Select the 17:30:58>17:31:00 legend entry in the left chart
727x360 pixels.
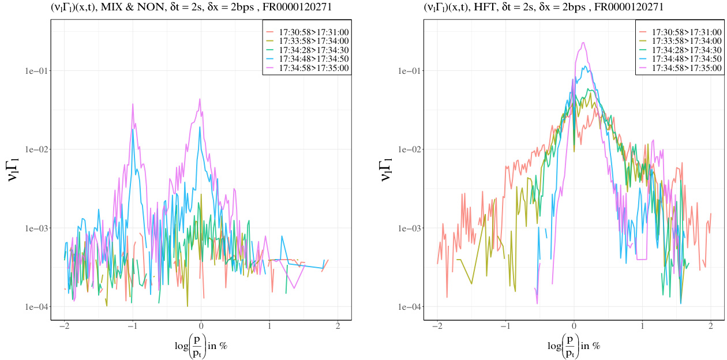click(x=307, y=31)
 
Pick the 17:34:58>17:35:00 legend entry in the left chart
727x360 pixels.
click(x=307, y=68)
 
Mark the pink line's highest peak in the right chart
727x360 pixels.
click(x=583, y=42)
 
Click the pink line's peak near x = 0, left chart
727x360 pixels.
click(x=200, y=99)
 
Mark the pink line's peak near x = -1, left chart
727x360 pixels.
click(x=133, y=104)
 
